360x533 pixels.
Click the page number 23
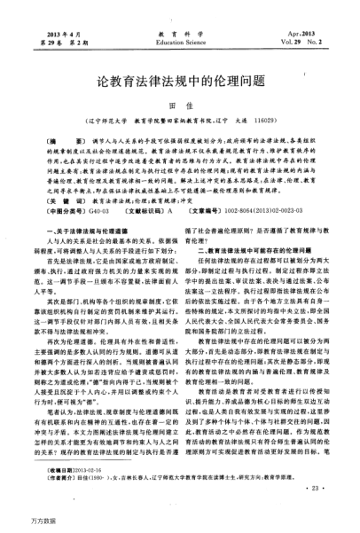pos(309,487)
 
